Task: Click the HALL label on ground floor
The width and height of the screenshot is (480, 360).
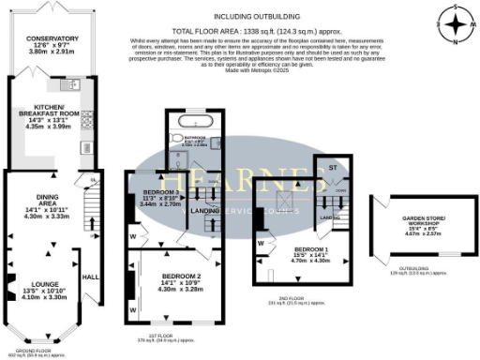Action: tap(91, 277)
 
